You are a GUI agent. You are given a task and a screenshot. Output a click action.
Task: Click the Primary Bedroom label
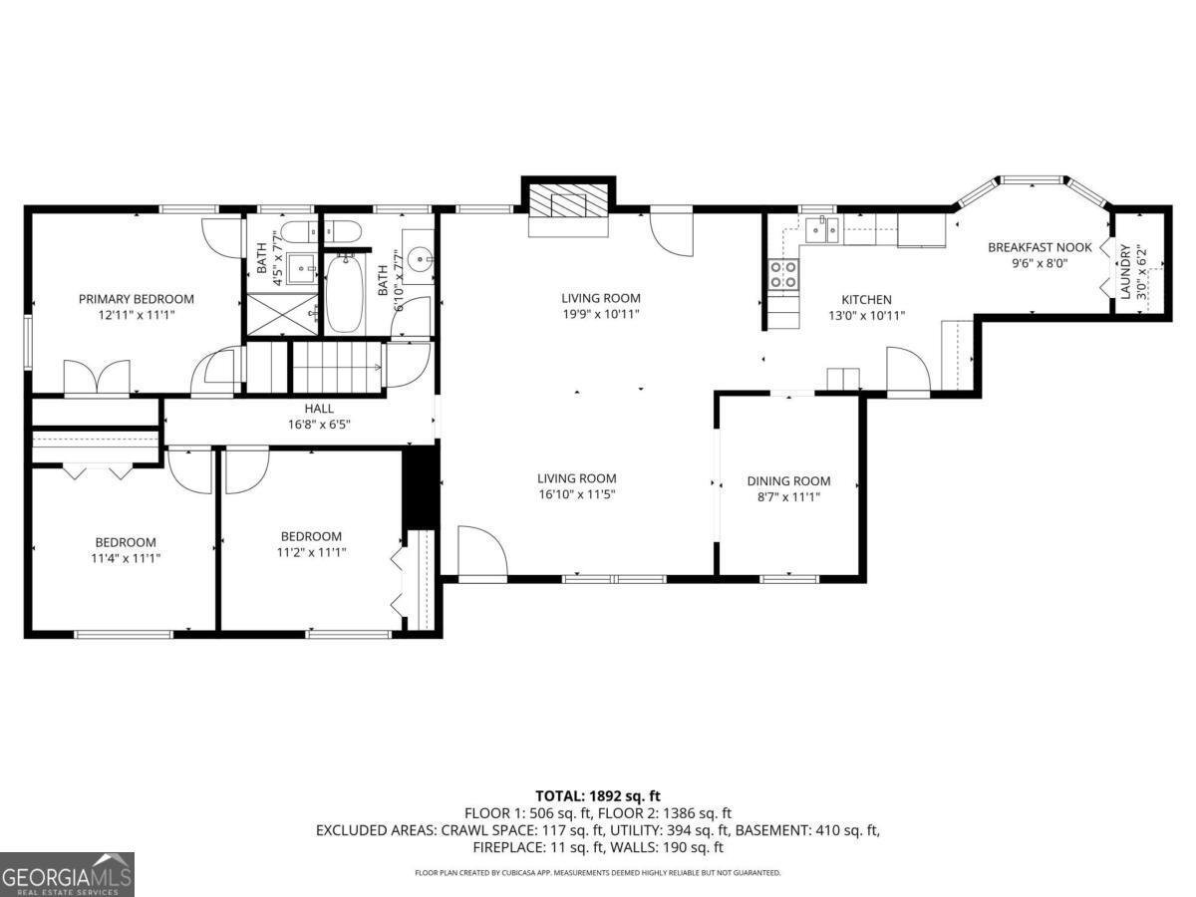137,298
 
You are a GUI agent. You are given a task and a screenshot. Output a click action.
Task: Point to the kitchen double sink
823,230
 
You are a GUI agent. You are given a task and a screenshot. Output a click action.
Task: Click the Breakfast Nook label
1040,247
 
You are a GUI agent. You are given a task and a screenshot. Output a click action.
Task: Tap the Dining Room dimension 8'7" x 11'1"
788,497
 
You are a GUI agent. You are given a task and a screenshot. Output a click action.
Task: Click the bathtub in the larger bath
345,293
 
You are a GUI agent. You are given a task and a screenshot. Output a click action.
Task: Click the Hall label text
319,409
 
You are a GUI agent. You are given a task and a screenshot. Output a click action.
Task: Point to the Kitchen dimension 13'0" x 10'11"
866,315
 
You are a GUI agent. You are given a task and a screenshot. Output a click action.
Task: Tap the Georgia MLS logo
67,874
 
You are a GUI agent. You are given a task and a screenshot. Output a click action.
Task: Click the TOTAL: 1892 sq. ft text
598,795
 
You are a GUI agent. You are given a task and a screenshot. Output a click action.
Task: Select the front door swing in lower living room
481,551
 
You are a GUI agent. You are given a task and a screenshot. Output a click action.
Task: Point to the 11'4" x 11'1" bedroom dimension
126,558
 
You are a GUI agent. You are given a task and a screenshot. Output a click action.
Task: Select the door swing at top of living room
670,231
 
